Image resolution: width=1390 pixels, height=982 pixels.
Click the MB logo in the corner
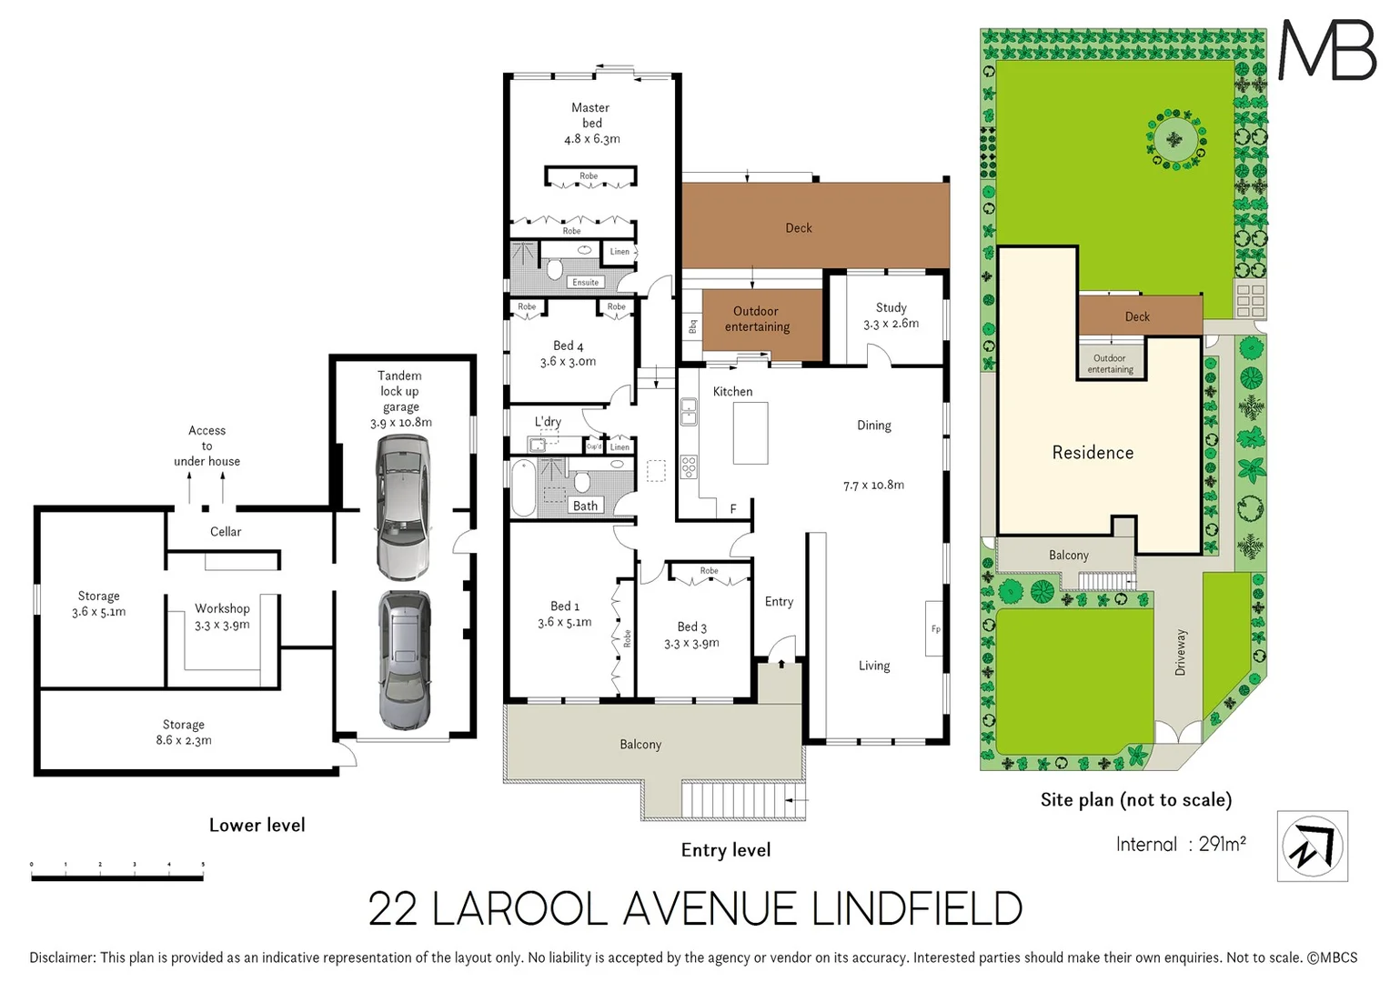pos(1327,51)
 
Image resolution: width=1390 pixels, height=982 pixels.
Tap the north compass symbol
pos(1312,847)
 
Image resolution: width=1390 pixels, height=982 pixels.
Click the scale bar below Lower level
pos(116,877)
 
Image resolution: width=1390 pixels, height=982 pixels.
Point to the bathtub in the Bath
pos(523,488)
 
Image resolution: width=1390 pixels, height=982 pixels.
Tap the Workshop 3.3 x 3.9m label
pos(222,616)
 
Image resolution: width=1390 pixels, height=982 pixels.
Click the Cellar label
pos(226,532)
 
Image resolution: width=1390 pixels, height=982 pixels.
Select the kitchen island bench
pos(750,433)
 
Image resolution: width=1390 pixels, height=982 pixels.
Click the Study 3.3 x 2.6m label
pos(891,316)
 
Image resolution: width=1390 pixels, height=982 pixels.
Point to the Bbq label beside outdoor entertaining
pos(692,326)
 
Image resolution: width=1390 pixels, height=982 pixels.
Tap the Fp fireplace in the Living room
pos(935,629)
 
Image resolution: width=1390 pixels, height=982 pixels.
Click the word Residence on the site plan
pos(1093,453)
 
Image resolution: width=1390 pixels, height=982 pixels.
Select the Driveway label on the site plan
pos(1180,652)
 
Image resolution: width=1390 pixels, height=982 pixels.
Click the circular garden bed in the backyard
pos(1175,140)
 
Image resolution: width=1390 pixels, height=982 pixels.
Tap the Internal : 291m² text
pos(1180,845)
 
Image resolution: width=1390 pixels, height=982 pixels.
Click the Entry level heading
pos(725,850)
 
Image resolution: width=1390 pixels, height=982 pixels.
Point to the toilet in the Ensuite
pos(554,268)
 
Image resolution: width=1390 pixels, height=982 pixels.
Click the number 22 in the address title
pos(392,909)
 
